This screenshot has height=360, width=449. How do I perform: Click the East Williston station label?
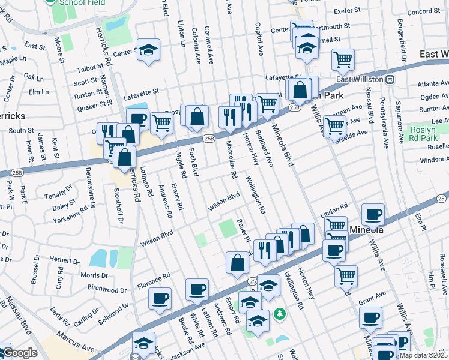360,79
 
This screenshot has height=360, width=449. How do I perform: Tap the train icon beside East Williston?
390,79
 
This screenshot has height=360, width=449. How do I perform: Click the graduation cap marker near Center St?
148,50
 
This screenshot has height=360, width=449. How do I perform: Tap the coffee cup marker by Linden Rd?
373,214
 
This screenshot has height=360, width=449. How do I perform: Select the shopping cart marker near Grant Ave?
346,275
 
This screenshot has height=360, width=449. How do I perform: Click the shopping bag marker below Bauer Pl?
237,262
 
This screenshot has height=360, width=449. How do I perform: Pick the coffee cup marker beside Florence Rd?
160,298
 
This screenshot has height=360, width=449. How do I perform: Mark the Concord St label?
424,11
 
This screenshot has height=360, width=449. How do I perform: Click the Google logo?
19,353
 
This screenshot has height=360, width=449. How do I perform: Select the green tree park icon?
279,314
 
